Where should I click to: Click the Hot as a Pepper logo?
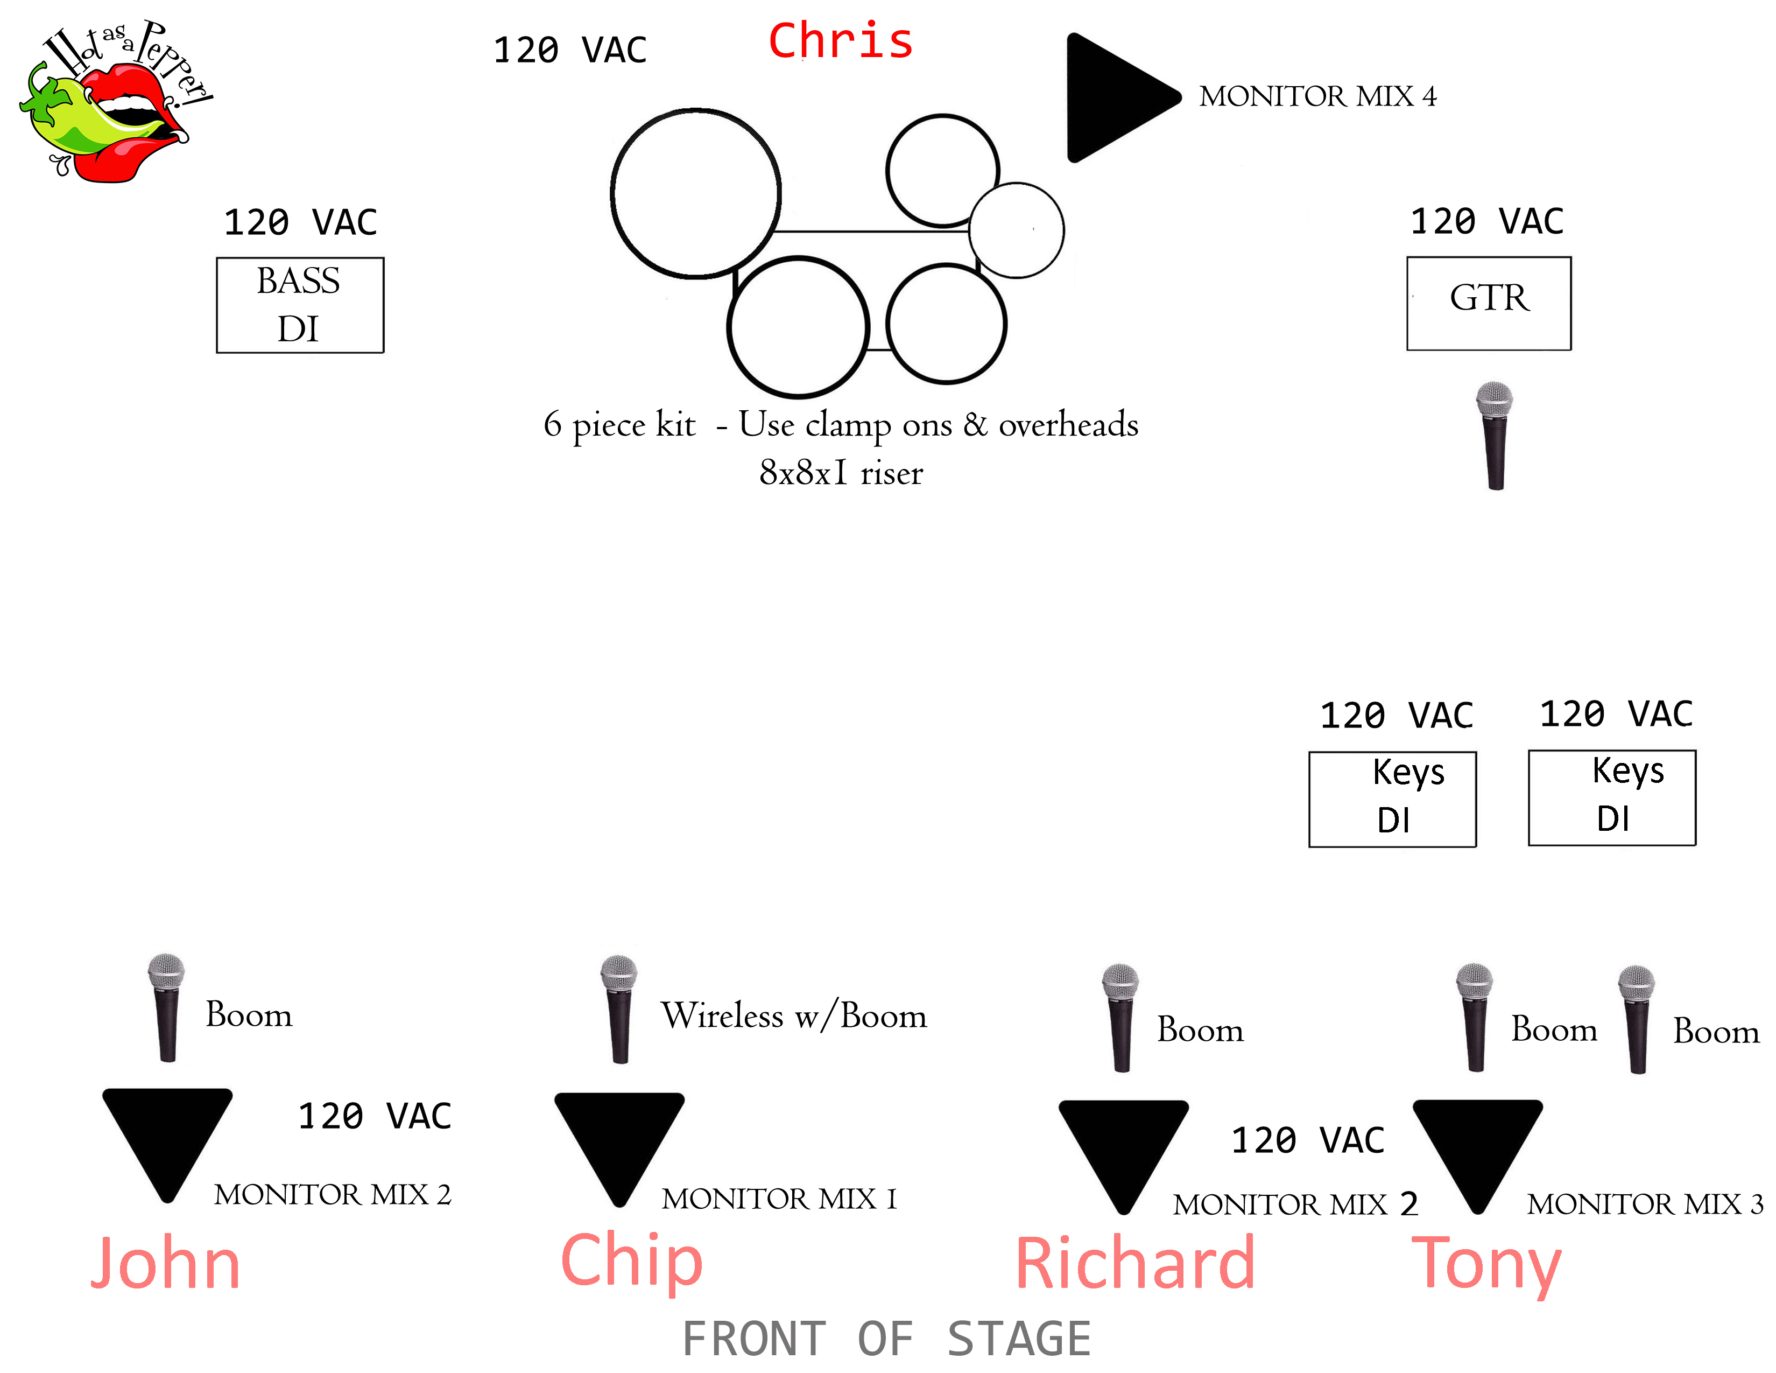pyautogui.click(x=114, y=102)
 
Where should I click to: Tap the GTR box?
pyautogui.click(x=1488, y=303)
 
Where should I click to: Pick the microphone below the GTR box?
pyautogui.click(x=1495, y=435)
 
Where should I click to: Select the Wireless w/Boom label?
pyautogui.click(x=793, y=1015)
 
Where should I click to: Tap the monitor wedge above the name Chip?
pyautogui.click(x=619, y=1143)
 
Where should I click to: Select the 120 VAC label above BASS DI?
pyautogui.click(x=300, y=222)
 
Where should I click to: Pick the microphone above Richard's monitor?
pyautogui.click(x=1120, y=1017)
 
